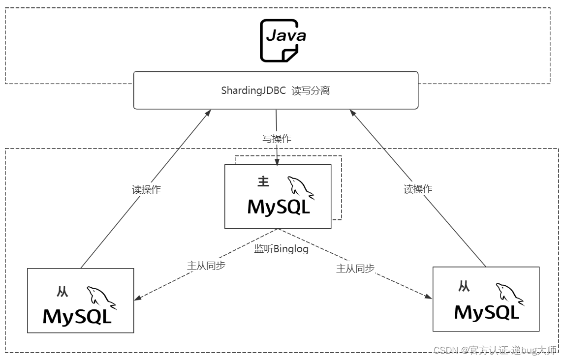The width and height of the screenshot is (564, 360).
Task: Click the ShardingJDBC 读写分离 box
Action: (276, 90)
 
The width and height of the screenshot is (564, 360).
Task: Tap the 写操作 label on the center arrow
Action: (277, 139)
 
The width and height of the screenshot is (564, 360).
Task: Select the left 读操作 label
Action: (146, 190)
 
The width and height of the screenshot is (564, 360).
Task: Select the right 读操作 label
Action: (418, 189)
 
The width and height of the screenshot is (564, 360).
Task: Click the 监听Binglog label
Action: (281, 249)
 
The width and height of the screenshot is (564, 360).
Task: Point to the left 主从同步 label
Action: (206, 265)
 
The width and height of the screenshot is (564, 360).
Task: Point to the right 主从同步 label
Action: (355, 269)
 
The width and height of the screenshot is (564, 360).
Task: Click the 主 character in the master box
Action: (263, 182)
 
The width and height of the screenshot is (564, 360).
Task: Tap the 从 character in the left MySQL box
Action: (63, 292)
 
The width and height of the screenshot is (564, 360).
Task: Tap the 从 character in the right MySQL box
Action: (464, 286)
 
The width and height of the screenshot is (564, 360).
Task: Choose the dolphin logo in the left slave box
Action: (101, 298)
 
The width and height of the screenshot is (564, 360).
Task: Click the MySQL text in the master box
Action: (279, 207)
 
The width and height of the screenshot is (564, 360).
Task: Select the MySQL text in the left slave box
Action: (77, 316)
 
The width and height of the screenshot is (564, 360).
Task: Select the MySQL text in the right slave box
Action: (487, 312)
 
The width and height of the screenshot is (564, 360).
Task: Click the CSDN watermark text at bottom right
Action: (495, 350)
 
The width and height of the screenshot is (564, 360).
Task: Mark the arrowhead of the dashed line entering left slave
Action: (138, 299)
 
